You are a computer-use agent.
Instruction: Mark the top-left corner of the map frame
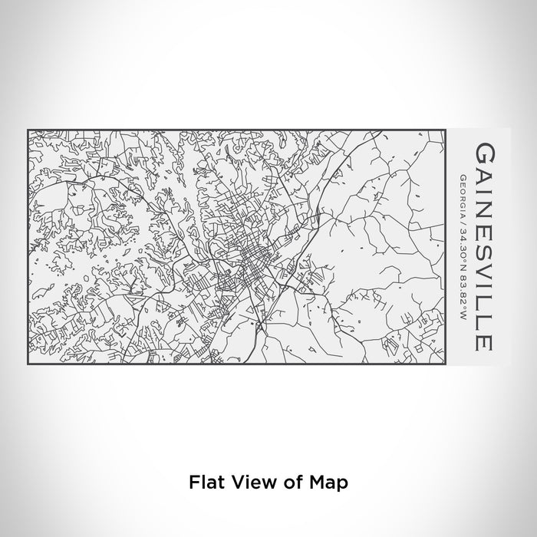pos(28,130)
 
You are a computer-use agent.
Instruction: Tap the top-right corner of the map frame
pos(446,130)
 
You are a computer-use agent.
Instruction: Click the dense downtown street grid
pos(253,268)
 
